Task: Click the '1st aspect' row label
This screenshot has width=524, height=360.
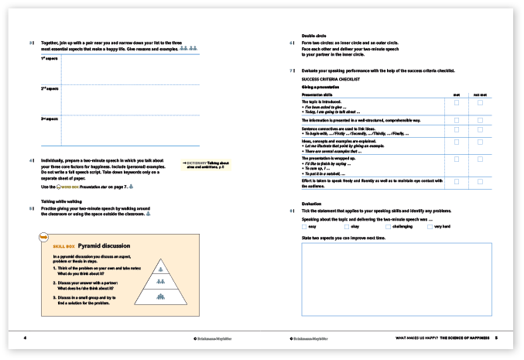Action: pos(48,58)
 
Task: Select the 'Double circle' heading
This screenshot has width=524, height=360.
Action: pos(313,36)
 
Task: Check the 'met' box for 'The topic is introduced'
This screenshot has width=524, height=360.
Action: pos(457,102)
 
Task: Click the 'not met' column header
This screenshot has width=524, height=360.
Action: pos(480,94)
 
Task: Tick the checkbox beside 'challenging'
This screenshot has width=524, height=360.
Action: pos(388,226)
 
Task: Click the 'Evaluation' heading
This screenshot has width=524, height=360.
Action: pos(312,204)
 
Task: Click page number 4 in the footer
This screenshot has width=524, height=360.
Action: pos(26,338)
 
